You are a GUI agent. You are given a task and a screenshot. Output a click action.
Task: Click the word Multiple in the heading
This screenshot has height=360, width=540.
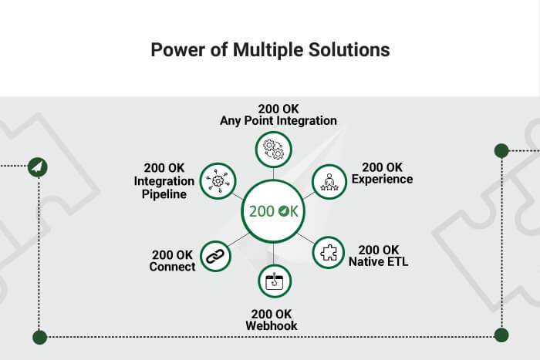[x=268, y=50]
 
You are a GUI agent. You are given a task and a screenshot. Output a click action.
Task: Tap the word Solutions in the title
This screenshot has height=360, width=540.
[x=349, y=49]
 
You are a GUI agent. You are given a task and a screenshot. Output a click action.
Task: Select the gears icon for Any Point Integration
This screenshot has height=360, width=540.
[x=273, y=150]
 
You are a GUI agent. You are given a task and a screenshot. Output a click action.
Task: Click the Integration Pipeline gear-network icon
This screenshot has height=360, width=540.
[x=218, y=181]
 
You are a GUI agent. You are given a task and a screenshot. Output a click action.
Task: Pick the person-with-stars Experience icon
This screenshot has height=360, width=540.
[x=329, y=182]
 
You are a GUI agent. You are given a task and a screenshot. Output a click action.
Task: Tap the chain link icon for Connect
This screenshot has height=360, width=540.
[x=215, y=257]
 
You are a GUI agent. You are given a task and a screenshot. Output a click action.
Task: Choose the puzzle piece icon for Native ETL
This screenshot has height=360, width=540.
[x=329, y=253]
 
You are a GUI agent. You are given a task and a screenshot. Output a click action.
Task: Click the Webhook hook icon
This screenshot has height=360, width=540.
[x=275, y=281]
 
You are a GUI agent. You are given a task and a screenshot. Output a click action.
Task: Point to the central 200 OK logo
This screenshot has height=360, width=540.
[x=273, y=211]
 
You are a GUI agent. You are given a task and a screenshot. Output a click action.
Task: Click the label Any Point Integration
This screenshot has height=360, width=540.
[x=278, y=121]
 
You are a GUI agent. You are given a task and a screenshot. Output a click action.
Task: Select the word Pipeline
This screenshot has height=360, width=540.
[x=164, y=194]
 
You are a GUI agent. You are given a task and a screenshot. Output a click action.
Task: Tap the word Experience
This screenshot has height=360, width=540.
[x=383, y=180]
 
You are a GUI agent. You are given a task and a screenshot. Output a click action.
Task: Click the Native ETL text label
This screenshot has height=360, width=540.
[x=379, y=261]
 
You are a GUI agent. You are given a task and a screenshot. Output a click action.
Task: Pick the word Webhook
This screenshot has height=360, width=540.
[x=272, y=325]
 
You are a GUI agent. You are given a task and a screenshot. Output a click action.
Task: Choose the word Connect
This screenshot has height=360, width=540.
[x=172, y=267]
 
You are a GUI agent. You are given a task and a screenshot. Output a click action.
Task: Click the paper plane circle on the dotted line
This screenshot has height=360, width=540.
[x=38, y=167]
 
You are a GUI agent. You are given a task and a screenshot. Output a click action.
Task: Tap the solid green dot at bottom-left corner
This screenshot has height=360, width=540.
[x=39, y=338]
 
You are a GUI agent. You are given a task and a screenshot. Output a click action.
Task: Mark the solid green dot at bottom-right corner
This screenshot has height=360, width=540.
[x=501, y=335]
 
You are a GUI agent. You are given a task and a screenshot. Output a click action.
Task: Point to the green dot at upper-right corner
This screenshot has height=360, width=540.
[x=501, y=151]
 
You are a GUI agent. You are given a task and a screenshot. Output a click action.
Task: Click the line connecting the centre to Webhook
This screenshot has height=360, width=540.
[x=273, y=254]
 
